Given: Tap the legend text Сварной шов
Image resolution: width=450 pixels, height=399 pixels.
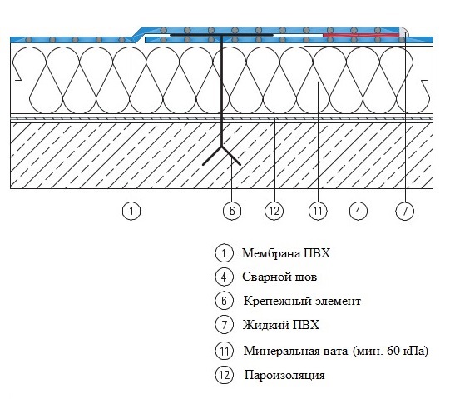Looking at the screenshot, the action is pos(279,277).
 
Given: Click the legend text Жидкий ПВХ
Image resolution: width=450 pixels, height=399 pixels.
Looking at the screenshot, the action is pos(281,325).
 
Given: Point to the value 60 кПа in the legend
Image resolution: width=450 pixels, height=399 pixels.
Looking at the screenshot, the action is pos(406,351).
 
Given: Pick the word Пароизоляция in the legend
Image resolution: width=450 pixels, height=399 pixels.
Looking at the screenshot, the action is pos(284,375).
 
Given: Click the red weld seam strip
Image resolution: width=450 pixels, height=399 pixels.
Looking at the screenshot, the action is pos(361,35).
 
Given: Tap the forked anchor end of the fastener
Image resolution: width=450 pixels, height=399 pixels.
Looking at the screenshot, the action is pos(221,156).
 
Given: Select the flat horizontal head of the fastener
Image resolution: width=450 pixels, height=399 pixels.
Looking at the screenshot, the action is pos(221,35).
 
